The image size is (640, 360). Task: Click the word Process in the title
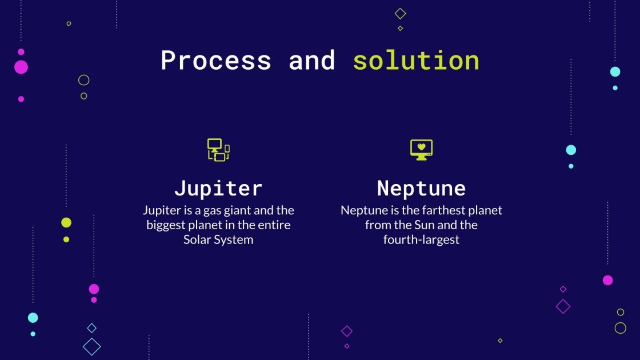[215, 61]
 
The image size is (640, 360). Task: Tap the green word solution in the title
[415, 61]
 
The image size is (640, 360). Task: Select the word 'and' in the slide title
[311, 61]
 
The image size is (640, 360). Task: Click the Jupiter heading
[218, 188]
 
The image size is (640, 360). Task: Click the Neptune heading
[421, 188]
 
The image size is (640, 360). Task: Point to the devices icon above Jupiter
[218, 150]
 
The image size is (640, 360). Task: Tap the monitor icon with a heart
[421, 149]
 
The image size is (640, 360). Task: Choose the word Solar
[197, 240]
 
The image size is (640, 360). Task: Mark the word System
[234, 240]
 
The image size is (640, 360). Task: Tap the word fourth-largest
[421, 240]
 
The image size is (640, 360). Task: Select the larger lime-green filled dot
[66, 223]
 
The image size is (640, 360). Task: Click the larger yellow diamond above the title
[400, 13]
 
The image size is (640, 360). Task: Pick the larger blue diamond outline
[91, 346]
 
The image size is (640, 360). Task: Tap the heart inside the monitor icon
[421, 146]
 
